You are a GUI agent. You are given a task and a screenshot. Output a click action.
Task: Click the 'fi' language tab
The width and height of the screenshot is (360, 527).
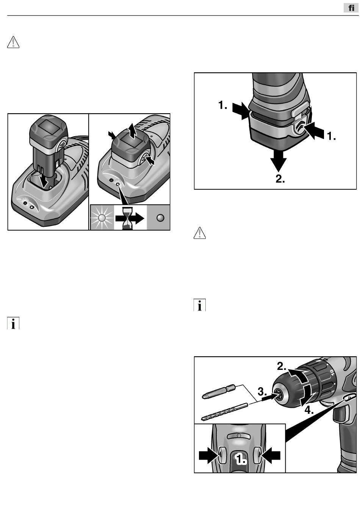point(351,8)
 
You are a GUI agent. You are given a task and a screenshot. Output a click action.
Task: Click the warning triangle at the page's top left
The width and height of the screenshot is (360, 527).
point(13,42)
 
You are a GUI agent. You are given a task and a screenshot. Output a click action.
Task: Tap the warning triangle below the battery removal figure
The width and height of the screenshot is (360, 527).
point(200,233)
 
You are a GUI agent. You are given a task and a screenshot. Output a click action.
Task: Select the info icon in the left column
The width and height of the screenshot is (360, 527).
point(13,323)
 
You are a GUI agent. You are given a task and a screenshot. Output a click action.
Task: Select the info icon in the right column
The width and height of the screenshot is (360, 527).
point(200,305)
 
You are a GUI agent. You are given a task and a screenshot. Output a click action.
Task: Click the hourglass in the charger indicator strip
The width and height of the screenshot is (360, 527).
point(127,218)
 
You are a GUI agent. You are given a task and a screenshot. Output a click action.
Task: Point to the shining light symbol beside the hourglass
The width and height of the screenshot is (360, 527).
point(102,218)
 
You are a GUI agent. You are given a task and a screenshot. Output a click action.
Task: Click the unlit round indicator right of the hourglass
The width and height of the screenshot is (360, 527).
point(160,218)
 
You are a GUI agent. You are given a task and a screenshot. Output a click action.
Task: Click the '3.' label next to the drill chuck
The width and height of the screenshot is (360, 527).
point(262,392)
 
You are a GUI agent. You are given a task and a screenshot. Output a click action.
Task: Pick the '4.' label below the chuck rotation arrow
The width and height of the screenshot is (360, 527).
point(309,410)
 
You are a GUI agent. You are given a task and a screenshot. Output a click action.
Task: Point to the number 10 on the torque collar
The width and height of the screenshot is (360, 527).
point(332,372)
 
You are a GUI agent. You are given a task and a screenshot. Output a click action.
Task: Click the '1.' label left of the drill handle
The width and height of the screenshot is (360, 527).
point(223,105)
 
